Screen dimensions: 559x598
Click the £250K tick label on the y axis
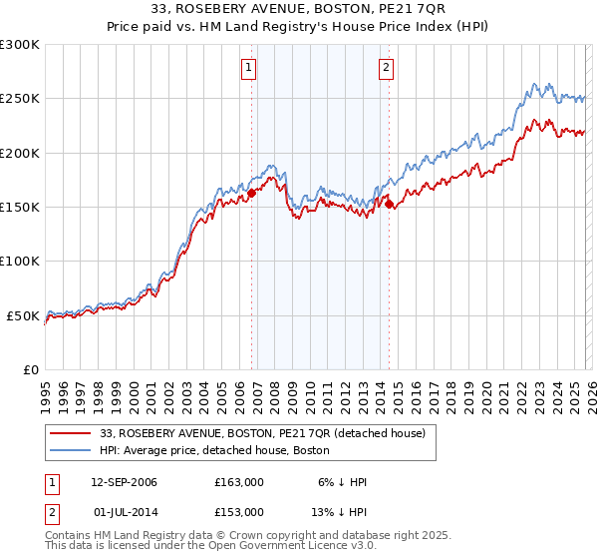click(20, 99)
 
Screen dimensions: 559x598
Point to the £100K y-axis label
click(20, 261)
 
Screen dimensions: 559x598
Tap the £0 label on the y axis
click(31, 369)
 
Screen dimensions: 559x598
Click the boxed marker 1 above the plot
click(248, 68)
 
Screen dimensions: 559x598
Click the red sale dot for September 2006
click(251, 194)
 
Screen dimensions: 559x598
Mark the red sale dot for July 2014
click(389, 204)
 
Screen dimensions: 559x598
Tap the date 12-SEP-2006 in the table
click(124, 482)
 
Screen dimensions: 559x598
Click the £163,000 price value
click(238, 482)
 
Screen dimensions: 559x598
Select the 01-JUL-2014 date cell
click(124, 511)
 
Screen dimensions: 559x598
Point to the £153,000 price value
click(238, 511)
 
